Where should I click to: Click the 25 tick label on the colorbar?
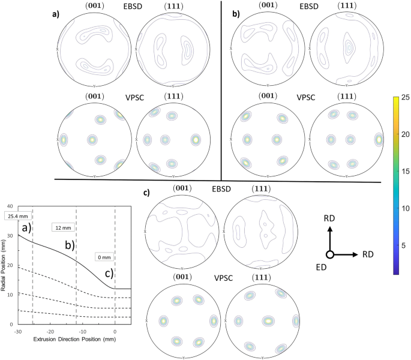pyautogui.click(x=404, y=97)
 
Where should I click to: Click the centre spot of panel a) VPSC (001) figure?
pyautogui.click(x=92, y=139)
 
